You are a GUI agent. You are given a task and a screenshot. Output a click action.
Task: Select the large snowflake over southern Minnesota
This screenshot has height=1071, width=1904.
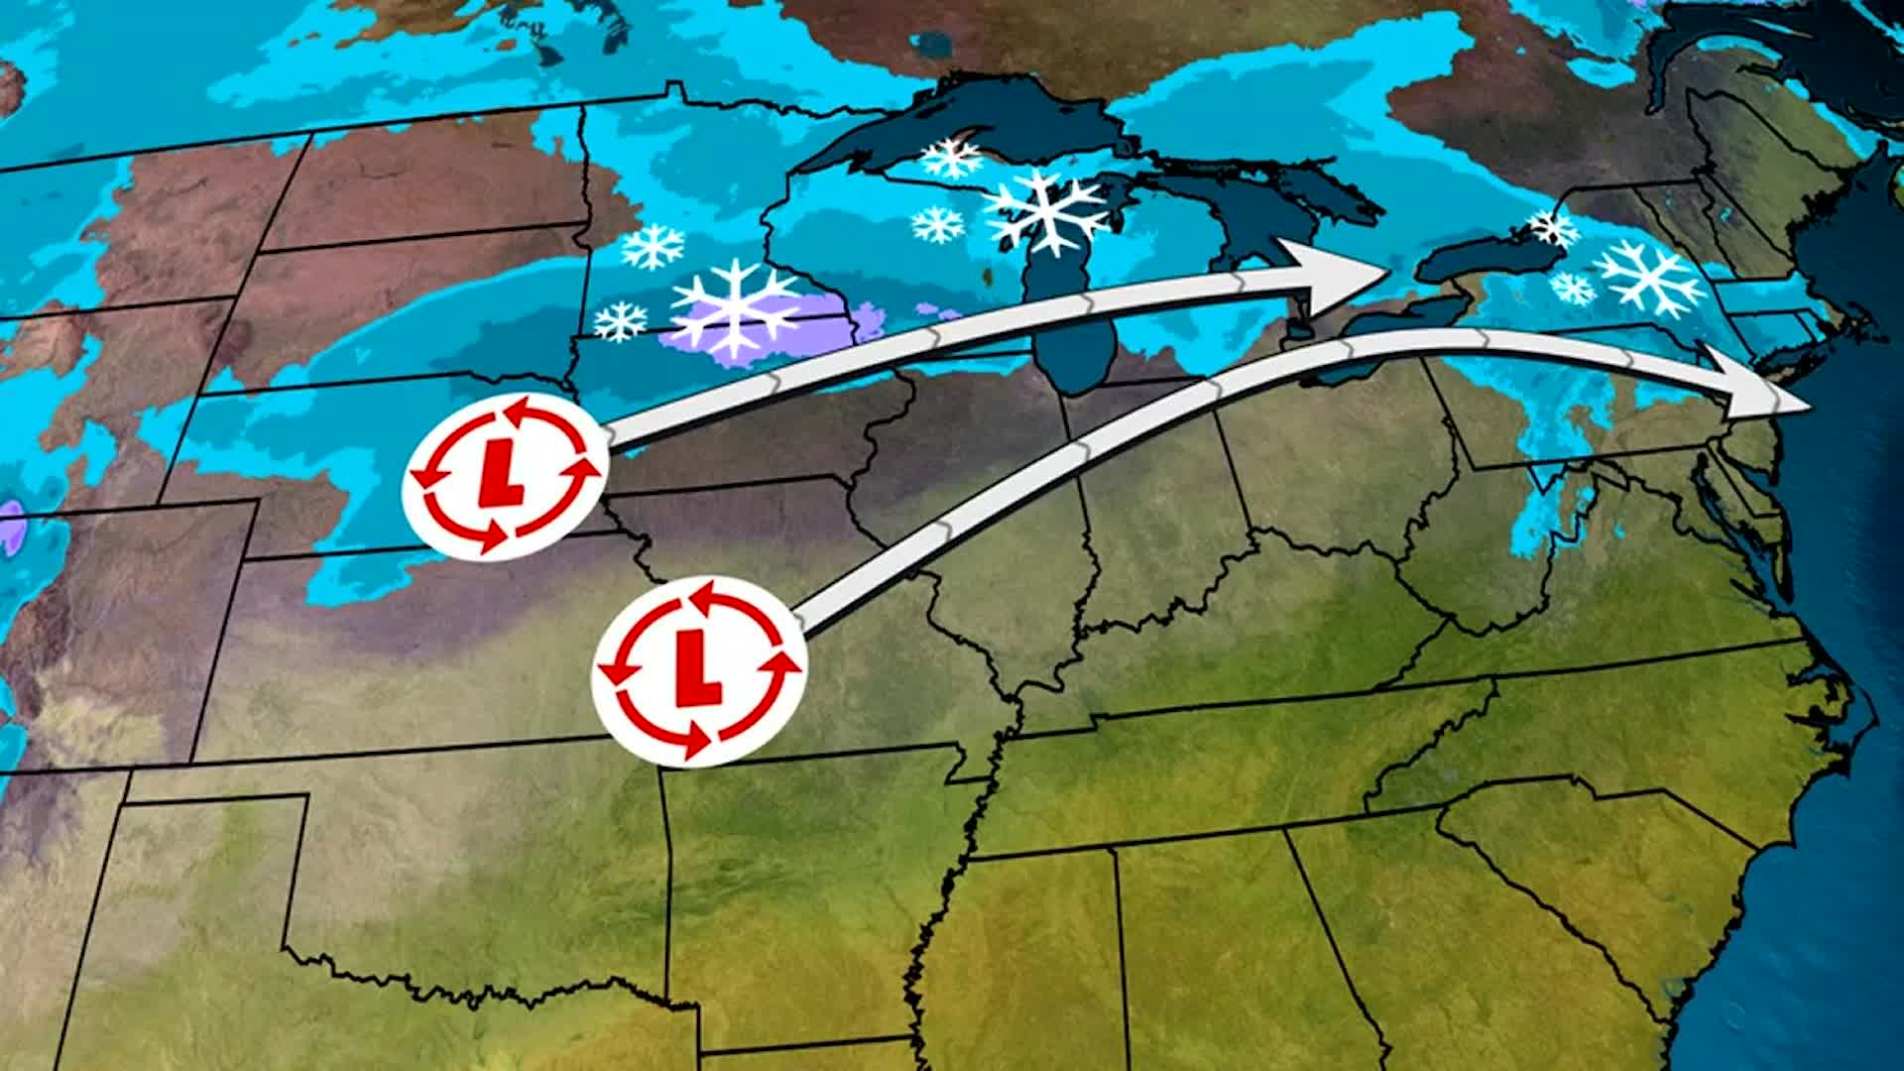[x=735, y=307]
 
